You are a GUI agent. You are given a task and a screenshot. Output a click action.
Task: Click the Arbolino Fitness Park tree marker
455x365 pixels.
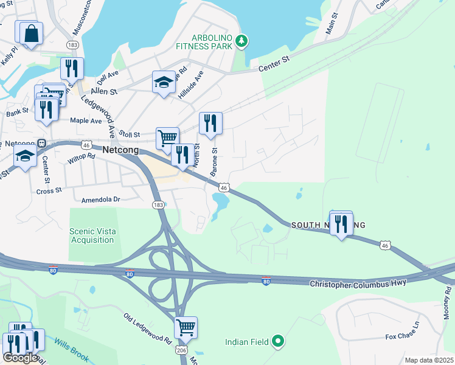pos(243,41)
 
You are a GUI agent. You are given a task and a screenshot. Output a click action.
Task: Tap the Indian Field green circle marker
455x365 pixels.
pos(278,341)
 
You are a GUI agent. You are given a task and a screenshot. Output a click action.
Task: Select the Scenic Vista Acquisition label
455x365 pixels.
pos(92,235)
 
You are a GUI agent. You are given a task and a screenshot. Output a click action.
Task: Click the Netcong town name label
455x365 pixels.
pos(120,149)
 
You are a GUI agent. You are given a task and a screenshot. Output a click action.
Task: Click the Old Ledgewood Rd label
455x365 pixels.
pos(147,327)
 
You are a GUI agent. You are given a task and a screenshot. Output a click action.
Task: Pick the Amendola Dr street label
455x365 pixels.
pos(101,200)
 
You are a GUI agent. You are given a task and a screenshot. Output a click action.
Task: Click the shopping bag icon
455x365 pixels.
pos(31,33)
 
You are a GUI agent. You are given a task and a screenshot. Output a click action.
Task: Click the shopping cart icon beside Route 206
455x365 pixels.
pos(186,327)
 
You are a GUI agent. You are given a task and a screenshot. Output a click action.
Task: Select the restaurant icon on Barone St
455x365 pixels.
pos(210,122)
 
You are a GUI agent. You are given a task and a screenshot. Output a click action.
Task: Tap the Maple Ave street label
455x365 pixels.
pos(86,121)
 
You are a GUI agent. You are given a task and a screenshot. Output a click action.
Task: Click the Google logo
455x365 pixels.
pos(20,358)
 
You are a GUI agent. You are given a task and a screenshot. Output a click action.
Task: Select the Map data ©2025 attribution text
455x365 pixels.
pos(429,360)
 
